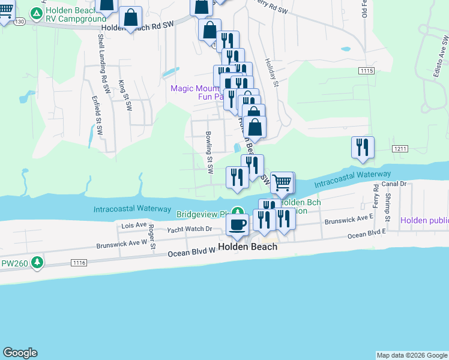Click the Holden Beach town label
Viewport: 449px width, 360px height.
coord(248,247)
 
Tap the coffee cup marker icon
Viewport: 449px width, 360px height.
coord(237,224)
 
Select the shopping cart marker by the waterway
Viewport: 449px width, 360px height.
coord(282,182)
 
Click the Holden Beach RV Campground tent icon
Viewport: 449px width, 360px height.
coord(37,13)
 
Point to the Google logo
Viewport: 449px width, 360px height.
coord(20,353)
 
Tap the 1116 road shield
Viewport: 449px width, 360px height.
coord(79,263)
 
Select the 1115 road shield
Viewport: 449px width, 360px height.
coord(367,71)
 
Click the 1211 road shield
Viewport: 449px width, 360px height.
coord(400,148)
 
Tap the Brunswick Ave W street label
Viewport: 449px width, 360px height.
coord(122,244)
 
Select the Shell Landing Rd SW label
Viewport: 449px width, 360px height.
coord(103,58)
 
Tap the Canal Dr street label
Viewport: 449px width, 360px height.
coord(394,184)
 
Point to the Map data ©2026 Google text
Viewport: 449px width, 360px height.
coord(412,355)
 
